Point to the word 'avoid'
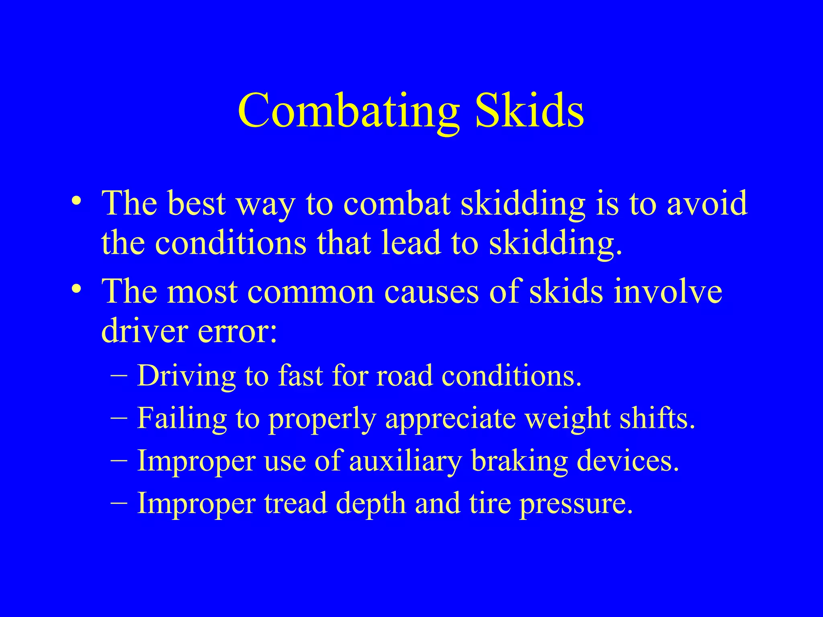coord(707,203)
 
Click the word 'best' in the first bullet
coord(196,203)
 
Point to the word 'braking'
coord(519,461)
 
